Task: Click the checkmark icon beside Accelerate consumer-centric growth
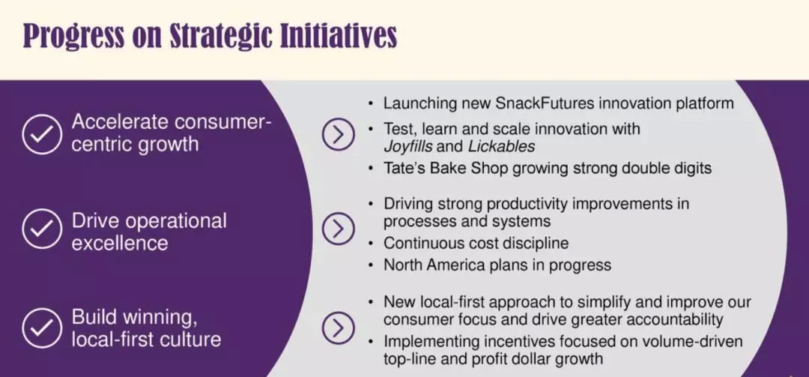point(42,133)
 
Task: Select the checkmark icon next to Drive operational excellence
point(42,229)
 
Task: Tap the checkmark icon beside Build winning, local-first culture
point(42,328)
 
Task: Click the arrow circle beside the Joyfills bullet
point(339,134)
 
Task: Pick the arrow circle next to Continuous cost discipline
point(339,229)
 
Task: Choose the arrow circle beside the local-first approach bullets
point(339,328)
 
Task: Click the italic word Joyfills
point(409,147)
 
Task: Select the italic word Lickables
point(501,147)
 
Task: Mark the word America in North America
point(470,265)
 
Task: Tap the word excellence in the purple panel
point(120,243)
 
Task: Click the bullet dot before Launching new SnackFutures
point(371,103)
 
